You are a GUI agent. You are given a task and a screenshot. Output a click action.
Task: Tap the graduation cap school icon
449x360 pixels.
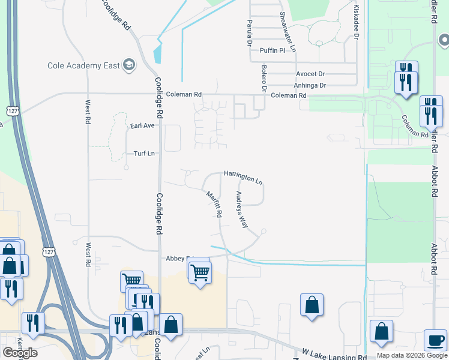(x=128, y=65)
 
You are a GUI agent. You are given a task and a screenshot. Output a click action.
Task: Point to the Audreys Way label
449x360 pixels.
(x=241, y=209)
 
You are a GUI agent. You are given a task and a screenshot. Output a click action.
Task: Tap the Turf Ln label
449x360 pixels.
(x=143, y=154)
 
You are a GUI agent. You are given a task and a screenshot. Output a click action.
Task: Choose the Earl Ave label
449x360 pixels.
(x=142, y=125)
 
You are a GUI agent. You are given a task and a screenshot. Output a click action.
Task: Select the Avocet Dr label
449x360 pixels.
(x=310, y=74)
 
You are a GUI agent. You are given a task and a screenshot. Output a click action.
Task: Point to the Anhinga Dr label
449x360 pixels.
(x=311, y=85)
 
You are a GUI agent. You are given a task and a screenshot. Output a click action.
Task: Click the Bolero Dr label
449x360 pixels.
(x=263, y=79)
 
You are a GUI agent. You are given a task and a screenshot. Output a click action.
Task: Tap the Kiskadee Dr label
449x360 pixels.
(x=356, y=23)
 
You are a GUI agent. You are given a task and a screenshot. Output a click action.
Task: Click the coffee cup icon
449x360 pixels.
(x=435, y=340)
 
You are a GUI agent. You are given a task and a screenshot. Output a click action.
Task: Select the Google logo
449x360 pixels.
(x=20, y=353)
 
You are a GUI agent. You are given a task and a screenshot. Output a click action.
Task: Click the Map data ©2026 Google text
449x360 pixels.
(x=411, y=355)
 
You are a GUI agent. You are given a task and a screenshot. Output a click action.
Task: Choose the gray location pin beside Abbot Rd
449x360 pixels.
(x=444, y=40)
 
